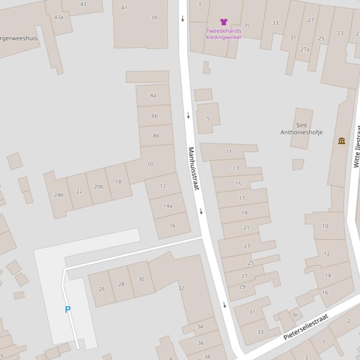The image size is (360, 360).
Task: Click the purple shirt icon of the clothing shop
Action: (x=224, y=22)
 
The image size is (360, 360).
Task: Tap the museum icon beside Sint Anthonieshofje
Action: (x=342, y=141)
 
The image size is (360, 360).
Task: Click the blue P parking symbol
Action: (x=68, y=310)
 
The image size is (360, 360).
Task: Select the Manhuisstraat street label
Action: (x=193, y=168)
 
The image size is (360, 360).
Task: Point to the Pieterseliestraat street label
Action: (x=306, y=327)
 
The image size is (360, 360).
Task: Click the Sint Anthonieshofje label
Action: (x=301, y=129)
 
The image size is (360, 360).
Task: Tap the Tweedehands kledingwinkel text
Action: (x=224, y=34)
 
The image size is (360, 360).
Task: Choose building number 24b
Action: (x=59, y=195)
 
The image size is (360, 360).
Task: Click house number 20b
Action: (x=98, y=187)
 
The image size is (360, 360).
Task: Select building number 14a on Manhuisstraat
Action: (x=168, y=206)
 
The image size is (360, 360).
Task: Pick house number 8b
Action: (x=156, y=136)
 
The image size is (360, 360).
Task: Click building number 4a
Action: (x=153, y=95)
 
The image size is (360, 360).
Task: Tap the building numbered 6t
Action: (x=295, y=315)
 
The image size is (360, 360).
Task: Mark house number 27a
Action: (x=305, y=49)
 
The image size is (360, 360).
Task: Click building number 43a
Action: (x=59, y=17)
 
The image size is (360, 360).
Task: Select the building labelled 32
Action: (x=181, y=288)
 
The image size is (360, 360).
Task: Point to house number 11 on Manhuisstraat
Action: (x=229, y=151)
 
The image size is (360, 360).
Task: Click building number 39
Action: (x=154, y=18)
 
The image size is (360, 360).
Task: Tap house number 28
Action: (x=121, y=284)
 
